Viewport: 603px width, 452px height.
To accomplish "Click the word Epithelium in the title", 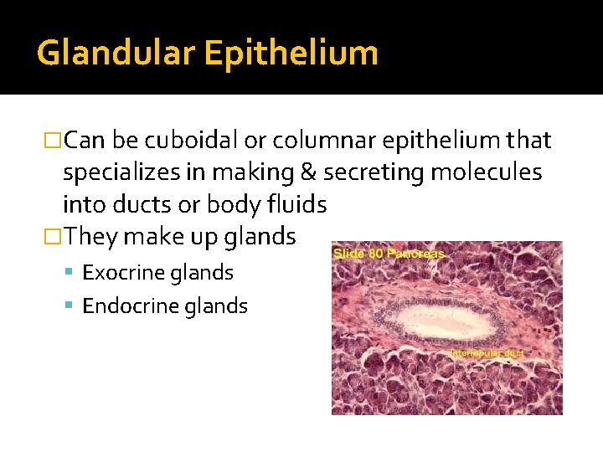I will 291,53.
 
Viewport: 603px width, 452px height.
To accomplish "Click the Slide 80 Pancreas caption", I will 389,253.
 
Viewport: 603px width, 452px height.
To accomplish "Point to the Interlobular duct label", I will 487,353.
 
